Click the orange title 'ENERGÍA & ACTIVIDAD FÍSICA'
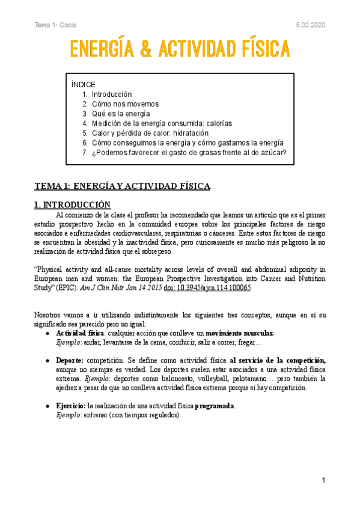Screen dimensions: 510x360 coord(180,48)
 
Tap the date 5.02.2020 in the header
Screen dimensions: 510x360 coord(310,25)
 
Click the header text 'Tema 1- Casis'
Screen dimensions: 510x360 coord(55,25)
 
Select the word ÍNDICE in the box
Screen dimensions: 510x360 coord(83,85)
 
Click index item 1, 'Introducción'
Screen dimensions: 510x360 coord(112,94)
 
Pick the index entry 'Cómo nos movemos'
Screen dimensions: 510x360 coord(125,104)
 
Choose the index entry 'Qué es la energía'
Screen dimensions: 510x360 coord(121,114)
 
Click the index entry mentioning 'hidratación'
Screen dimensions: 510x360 coord(150,133)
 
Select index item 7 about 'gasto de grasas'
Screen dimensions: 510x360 coord(189,152)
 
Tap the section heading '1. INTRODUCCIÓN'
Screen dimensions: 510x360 coord(73,204)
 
